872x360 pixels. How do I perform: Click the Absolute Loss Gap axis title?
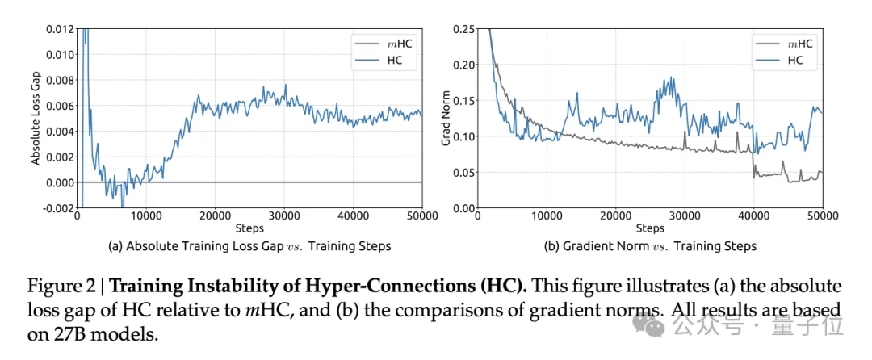point(36,119)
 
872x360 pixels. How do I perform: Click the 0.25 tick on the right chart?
point(464,30)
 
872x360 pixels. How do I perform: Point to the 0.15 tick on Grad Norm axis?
point(464,102)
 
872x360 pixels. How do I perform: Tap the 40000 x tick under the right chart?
point(753,216)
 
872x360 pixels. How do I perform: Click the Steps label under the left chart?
point(249,228)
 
